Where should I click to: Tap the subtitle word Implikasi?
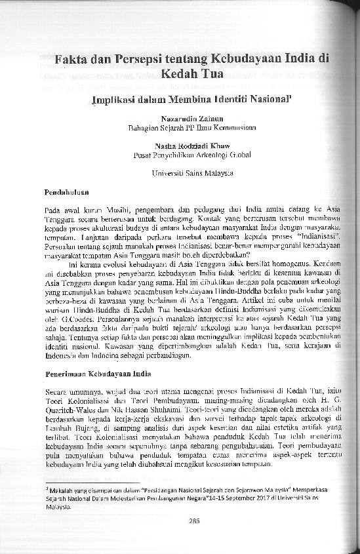[x=115, y=101]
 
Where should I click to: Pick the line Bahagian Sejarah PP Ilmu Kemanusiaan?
[x=190, y=128]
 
